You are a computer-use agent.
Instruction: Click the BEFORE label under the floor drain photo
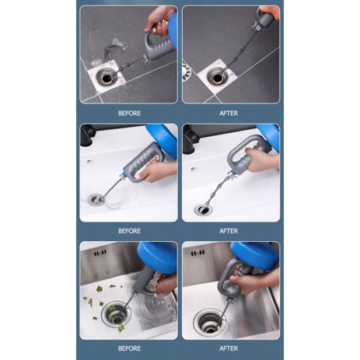click(x=129, y=114)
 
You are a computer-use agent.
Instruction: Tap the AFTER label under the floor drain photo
click(x=229, y=114)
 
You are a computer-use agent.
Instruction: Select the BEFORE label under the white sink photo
click(x=129, y=231)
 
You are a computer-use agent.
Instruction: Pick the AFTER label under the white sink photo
click(x=229, y=231)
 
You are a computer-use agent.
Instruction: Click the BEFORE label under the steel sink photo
click(x=129, y=348)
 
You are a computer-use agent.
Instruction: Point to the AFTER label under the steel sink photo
click(x=229, y=348)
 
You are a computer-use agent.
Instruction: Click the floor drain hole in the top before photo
click(x=107, y=78)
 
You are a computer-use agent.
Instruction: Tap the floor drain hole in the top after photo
click(x=217, y=77)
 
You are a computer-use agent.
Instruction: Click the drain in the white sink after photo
click(x=204, y=210)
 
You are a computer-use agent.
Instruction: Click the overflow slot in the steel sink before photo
click(x=100, y=252)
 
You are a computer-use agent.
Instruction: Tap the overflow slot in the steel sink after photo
click(x=198, y=253)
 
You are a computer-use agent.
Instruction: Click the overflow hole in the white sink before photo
click(x=89, y=161)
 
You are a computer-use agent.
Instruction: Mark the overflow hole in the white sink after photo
click(x=194, y=169)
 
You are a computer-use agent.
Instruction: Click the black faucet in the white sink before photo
click(x=86, y=135)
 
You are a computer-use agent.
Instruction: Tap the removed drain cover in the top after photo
click(x=186, y=71)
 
